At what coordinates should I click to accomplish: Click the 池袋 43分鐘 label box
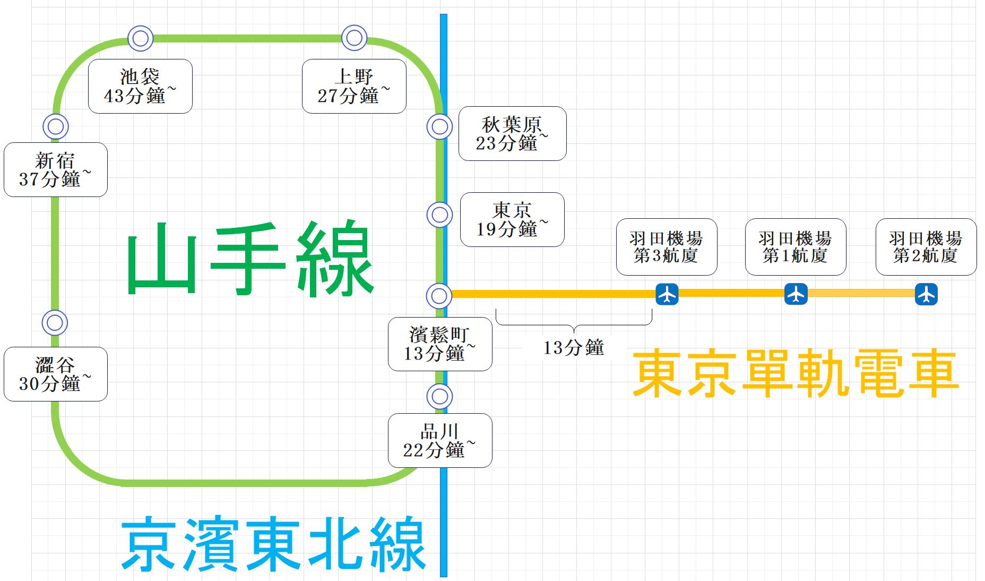[x=140, y=86]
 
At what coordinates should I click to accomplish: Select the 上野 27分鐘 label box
[x=354, y=86]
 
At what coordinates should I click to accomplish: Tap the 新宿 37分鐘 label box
[x=56, y=169]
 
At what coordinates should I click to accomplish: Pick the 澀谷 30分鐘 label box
[x=56, y=374]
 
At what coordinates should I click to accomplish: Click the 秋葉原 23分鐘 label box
[x=512, y=133]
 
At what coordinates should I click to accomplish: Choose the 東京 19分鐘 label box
[x=512, y=219]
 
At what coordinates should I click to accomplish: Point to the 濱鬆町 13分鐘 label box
[x=440, y=344]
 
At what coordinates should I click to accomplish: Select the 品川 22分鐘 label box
[x=440, y=440]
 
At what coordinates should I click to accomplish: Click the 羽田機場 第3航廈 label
[x=667, y=247]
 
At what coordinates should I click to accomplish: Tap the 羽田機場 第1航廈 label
[x=796, y=247]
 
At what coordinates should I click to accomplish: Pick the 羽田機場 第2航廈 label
[x=926, y=247]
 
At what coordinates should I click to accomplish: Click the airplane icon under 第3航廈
[x=667, y=294]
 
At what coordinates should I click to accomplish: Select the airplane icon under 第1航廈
[x=796, y=294]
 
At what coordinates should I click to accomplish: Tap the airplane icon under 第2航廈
[x=927, y=294]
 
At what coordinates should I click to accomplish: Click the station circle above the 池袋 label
[x=141, y=38]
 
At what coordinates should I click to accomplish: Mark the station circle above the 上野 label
[x=355, y=38]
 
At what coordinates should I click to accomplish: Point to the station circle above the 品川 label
[x=439, y=396]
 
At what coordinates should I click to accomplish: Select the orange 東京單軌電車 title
[x=795, y=373]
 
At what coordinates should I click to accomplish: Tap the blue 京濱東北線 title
[x=273, y=543]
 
